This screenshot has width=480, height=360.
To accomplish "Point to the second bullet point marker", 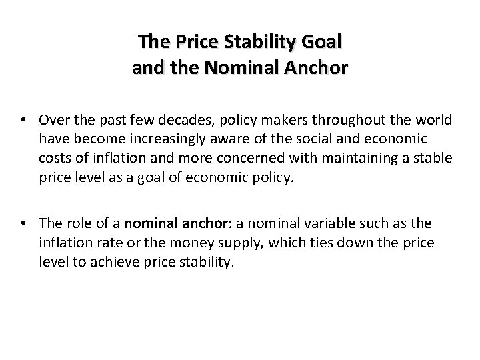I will click(26, 224).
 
